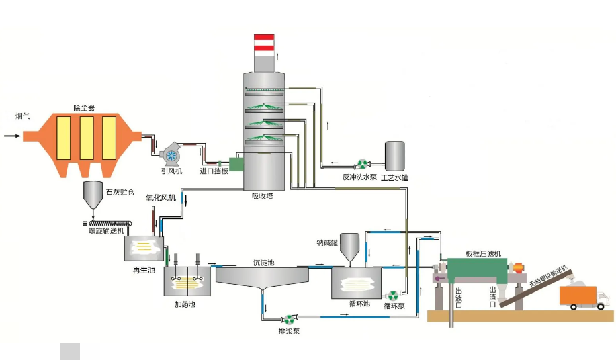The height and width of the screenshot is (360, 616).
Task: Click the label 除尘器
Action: pyautogui.click(x=83, y=107)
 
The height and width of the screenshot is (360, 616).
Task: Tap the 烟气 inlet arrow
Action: pyautogui.click(x=12, y=136)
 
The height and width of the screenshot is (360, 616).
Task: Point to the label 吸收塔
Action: pyautogui.click(x=262, y=196)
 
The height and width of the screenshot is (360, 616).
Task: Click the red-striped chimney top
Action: pyautogui.click(x=263, y=42)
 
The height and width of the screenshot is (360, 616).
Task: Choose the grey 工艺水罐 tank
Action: pyautogui.click(x=394, y=156)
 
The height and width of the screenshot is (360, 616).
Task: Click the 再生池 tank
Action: pyautogui.click(x=144, y=249)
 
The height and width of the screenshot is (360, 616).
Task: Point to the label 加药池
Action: pyautogui.click(x=184, y=304)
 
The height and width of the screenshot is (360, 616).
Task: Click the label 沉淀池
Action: pyautogui.click(x=263, y=263)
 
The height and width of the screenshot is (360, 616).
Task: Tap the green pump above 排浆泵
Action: pyautogui.click(x=290, y=320)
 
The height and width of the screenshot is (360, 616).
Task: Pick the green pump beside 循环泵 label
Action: pyautogui.click(x=393, y=295)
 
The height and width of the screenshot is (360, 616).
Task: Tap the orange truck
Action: pyautogui.click(x=583, y=297)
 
